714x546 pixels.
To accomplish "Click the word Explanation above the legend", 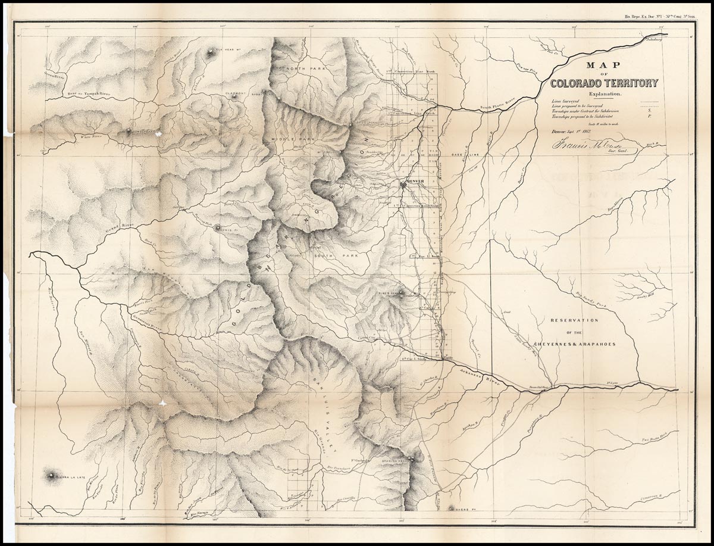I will tap(605, 94).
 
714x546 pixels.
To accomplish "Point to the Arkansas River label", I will tap(478, 375).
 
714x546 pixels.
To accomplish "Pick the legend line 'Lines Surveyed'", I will tap(565, 102).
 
